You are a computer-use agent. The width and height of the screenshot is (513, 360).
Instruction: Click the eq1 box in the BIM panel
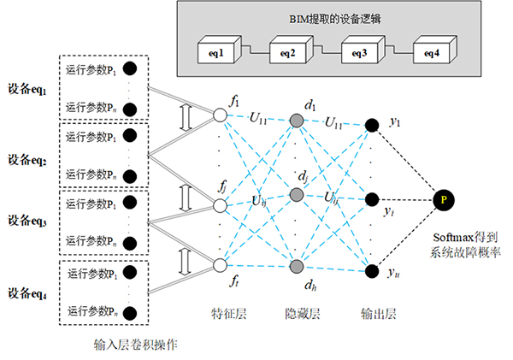(215, 51)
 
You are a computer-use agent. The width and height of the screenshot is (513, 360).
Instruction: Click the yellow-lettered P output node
(442, 200)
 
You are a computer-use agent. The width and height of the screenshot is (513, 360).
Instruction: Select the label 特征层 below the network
(227, 314)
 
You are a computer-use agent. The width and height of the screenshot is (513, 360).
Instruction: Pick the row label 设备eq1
(29, 90)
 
